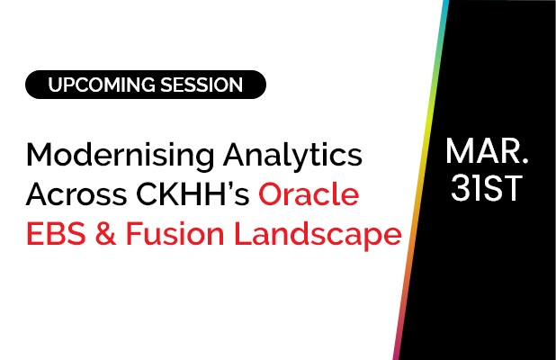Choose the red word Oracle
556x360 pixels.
click(310, 195)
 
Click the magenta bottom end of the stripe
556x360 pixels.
click(396, 354)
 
